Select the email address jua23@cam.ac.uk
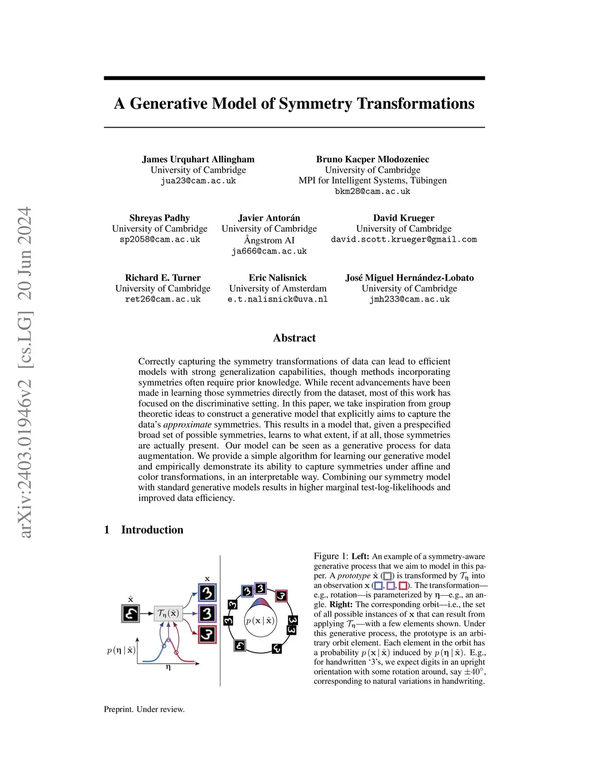click(198, 181)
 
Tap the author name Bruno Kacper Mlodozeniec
click(372, 159)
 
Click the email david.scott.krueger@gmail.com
click(403, 239)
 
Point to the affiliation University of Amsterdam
click(277, 288)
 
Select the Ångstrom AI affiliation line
click(269, 240)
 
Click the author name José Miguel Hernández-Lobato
click(409, 278)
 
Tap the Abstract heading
click(294, 338)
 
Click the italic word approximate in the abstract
click(188, 424)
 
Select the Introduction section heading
click(152, 530)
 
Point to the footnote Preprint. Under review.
click(144, 709)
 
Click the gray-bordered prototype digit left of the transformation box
click(131, 613)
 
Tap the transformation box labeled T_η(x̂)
click(168, 613)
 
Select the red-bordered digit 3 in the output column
click(207, 635)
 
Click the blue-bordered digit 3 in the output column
click(207, 592)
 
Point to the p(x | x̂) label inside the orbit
click(260, 621)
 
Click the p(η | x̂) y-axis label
click(121, 650)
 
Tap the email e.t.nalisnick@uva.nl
click(277, 299)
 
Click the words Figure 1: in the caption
click(331, 556)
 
